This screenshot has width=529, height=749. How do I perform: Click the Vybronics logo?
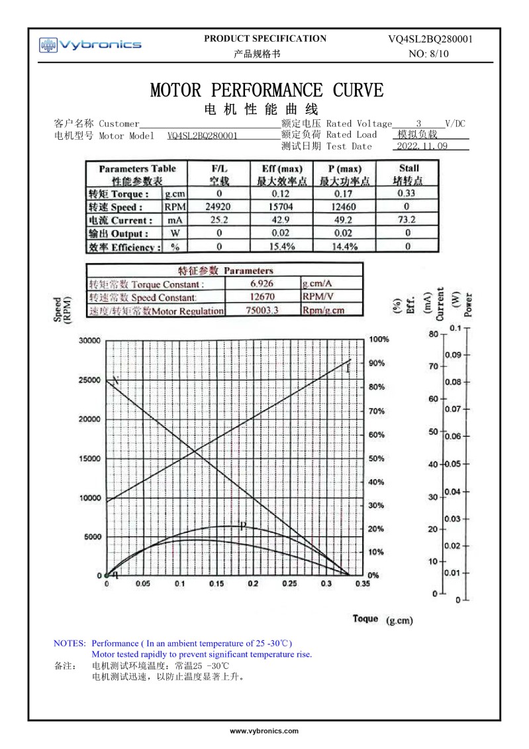[x=91, y=45]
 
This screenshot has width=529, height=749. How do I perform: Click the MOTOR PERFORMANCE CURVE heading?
[x=266, y=90]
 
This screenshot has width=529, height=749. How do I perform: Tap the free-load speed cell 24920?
[x=219, y=207]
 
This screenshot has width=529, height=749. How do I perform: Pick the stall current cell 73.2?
[x=407, y=220]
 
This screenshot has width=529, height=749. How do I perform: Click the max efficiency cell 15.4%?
[x=282, y=247]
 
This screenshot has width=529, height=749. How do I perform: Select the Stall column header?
[x=408, y=174]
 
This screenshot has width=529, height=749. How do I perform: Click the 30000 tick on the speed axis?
[x=89, y=341]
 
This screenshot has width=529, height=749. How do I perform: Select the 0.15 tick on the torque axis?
[x=216, y=584]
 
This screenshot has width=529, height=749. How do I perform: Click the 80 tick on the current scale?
[x=434, y=334]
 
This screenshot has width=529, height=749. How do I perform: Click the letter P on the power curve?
[x=242, y=527]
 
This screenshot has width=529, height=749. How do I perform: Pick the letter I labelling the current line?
[x=348, y=369]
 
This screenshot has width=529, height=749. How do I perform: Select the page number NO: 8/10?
[x=430, y=54]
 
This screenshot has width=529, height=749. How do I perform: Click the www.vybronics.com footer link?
[x=264, y=730]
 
